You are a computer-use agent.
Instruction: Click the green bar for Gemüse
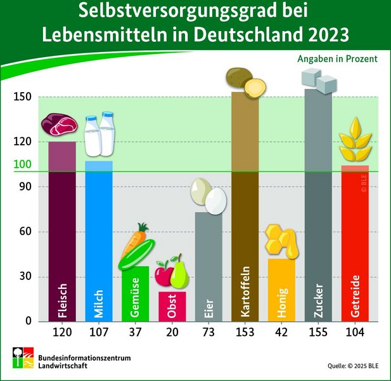click(x=135, y=295)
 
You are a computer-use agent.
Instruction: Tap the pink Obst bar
click(x=172, y=307)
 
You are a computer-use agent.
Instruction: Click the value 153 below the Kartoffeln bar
click(x=245, y=331)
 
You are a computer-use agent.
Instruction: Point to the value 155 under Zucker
click(x=318, y=331)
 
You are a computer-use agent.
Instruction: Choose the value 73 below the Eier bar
click(x=208, y=331)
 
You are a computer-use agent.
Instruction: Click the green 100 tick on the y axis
click(x=23, y=165)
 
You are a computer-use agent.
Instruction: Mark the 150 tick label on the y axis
click(x=23, y=97)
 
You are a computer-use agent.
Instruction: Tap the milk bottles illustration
click(x=99, y=135)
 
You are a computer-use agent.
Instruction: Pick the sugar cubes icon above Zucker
click(x=318, y=81)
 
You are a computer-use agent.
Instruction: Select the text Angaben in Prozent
click(x=337, y=58)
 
